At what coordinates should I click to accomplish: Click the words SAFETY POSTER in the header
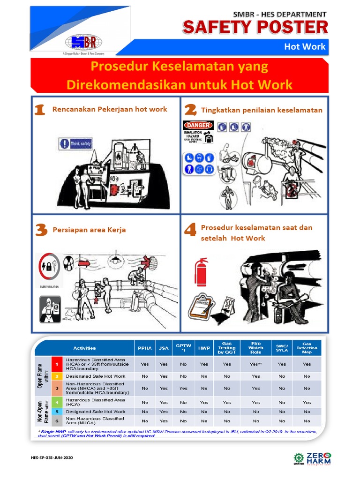(x=255, y=28)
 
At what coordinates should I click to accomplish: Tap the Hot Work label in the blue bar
(x=304, y=47)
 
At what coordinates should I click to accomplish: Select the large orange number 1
(x=40, y=110)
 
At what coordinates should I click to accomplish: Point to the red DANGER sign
(x=198, y=125)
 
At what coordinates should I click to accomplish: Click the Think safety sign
(x=75, y=144)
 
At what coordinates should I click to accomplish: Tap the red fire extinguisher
(x=201, y=272)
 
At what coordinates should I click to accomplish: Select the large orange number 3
(x=41, y=230)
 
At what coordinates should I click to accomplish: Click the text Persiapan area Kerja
(x=89, y=230)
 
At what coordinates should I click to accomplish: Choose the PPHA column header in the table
(x=144, y=348)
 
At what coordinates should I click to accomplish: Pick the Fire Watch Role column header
(x=255, y=348)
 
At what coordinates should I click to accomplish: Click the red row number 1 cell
(x=57, y=364)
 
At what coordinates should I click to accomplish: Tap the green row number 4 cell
(x=57, y=402)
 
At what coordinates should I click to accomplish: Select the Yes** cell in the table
(x=255, y=364)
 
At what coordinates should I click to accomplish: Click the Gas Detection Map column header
(x=307, y=348)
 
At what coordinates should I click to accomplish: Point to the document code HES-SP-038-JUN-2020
(x=52, y=457)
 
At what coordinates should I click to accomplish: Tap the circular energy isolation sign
(x=49, y=268)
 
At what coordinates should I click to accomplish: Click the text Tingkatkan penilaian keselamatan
(x=262, y=110)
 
